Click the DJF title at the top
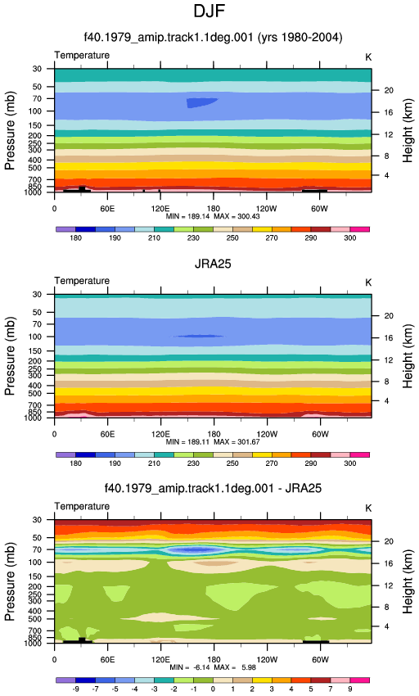[209, 11]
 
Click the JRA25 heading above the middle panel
[213, 264]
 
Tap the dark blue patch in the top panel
[200, 103]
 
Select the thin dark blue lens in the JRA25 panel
[198, 336]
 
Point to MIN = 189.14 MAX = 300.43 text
[213, 217]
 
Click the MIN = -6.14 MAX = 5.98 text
[213, 667]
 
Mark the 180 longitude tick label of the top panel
[214, 209]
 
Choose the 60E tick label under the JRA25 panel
[107, 434]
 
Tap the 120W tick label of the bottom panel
[267, 660]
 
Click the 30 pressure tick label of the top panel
[37, 69]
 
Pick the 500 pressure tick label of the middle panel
[35, 394]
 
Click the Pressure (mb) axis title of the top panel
[10, 130]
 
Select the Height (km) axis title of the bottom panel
[408, 582]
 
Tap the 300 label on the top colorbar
[349, 238]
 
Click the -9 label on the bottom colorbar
[75, 689]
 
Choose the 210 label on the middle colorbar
[154, 463]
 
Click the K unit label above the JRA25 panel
[368, 282]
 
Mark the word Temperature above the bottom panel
[82, 506]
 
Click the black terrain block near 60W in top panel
[315, 191]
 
